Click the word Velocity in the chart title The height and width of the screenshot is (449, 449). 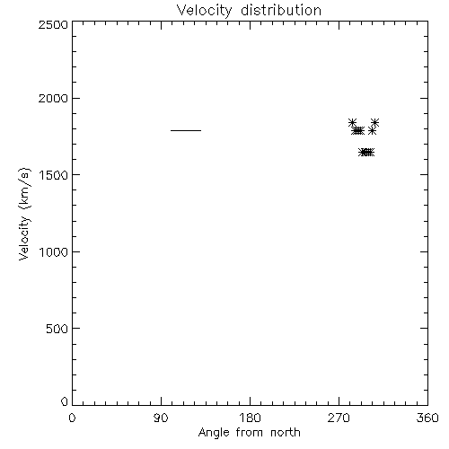205,11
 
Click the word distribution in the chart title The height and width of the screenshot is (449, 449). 281,10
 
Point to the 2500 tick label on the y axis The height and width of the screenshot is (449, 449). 53,24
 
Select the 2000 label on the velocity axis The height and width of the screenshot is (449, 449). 53,98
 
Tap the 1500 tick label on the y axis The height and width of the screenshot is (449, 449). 54,175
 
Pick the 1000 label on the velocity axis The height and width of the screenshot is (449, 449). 54,252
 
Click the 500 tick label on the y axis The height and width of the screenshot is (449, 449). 57,329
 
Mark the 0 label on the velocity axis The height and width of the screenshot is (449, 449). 65,401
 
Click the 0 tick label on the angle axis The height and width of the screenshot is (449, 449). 72,418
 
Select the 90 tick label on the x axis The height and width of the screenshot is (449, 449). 161,418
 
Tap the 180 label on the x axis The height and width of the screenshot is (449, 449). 250,418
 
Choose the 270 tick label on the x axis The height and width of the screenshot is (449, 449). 339,418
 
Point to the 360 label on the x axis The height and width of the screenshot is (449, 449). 427,418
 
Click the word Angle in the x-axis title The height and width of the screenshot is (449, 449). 214,434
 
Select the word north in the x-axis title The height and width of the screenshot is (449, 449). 286,433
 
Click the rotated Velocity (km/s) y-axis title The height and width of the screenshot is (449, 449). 24,214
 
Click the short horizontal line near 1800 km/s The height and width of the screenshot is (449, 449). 186,130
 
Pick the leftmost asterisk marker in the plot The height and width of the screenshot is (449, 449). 353,122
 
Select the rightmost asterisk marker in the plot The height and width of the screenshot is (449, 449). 375,122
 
